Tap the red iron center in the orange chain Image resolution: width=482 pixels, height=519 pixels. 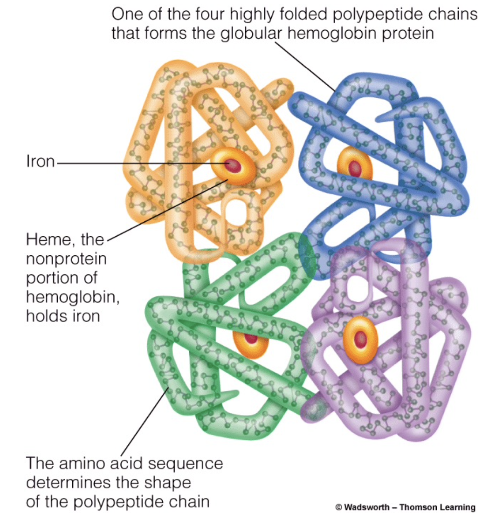point(231,164)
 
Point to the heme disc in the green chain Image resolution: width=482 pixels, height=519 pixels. point(251,339)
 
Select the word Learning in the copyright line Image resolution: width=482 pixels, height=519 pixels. point(457,507)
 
